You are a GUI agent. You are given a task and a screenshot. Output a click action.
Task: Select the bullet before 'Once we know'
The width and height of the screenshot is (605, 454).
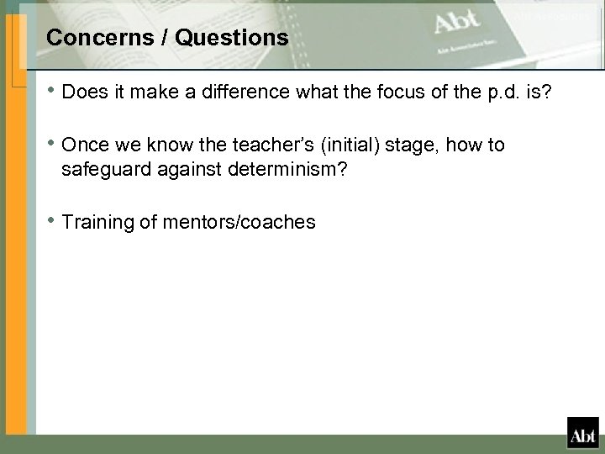pyautogui.click(x=52, y=146)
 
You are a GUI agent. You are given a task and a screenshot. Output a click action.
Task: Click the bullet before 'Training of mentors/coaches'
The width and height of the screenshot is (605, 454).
pyautogui.click(x=52, y=223)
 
